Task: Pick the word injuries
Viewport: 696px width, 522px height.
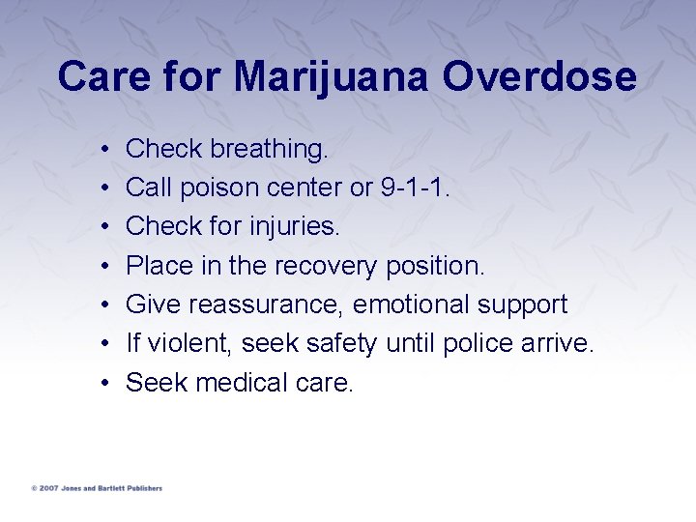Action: coord(290,226)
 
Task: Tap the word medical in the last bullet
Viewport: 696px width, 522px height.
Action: coord(241,383)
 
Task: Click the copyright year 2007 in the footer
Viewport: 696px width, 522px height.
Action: coord(46,489)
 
